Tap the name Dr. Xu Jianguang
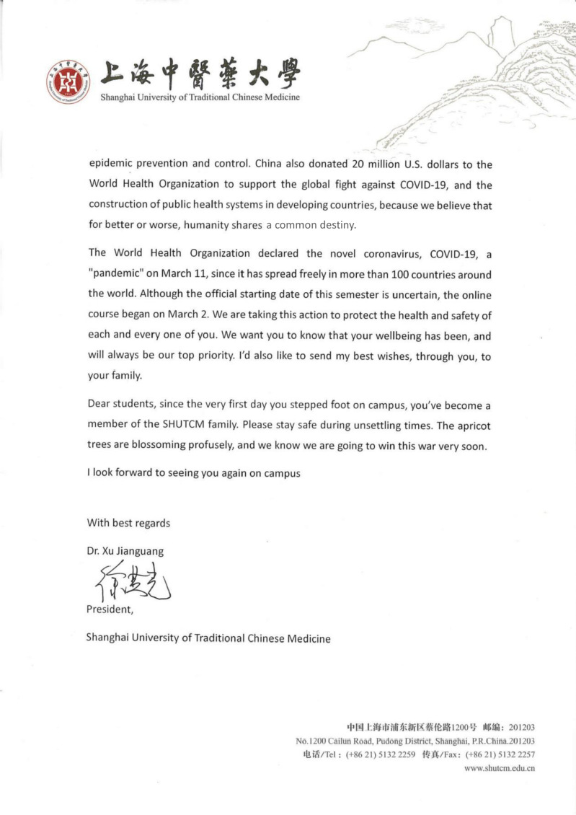(125, 551)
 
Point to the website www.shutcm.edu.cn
(499, 767)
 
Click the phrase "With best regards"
(129, 523)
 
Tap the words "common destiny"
(311, 225)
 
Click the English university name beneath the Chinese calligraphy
(200, 97)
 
